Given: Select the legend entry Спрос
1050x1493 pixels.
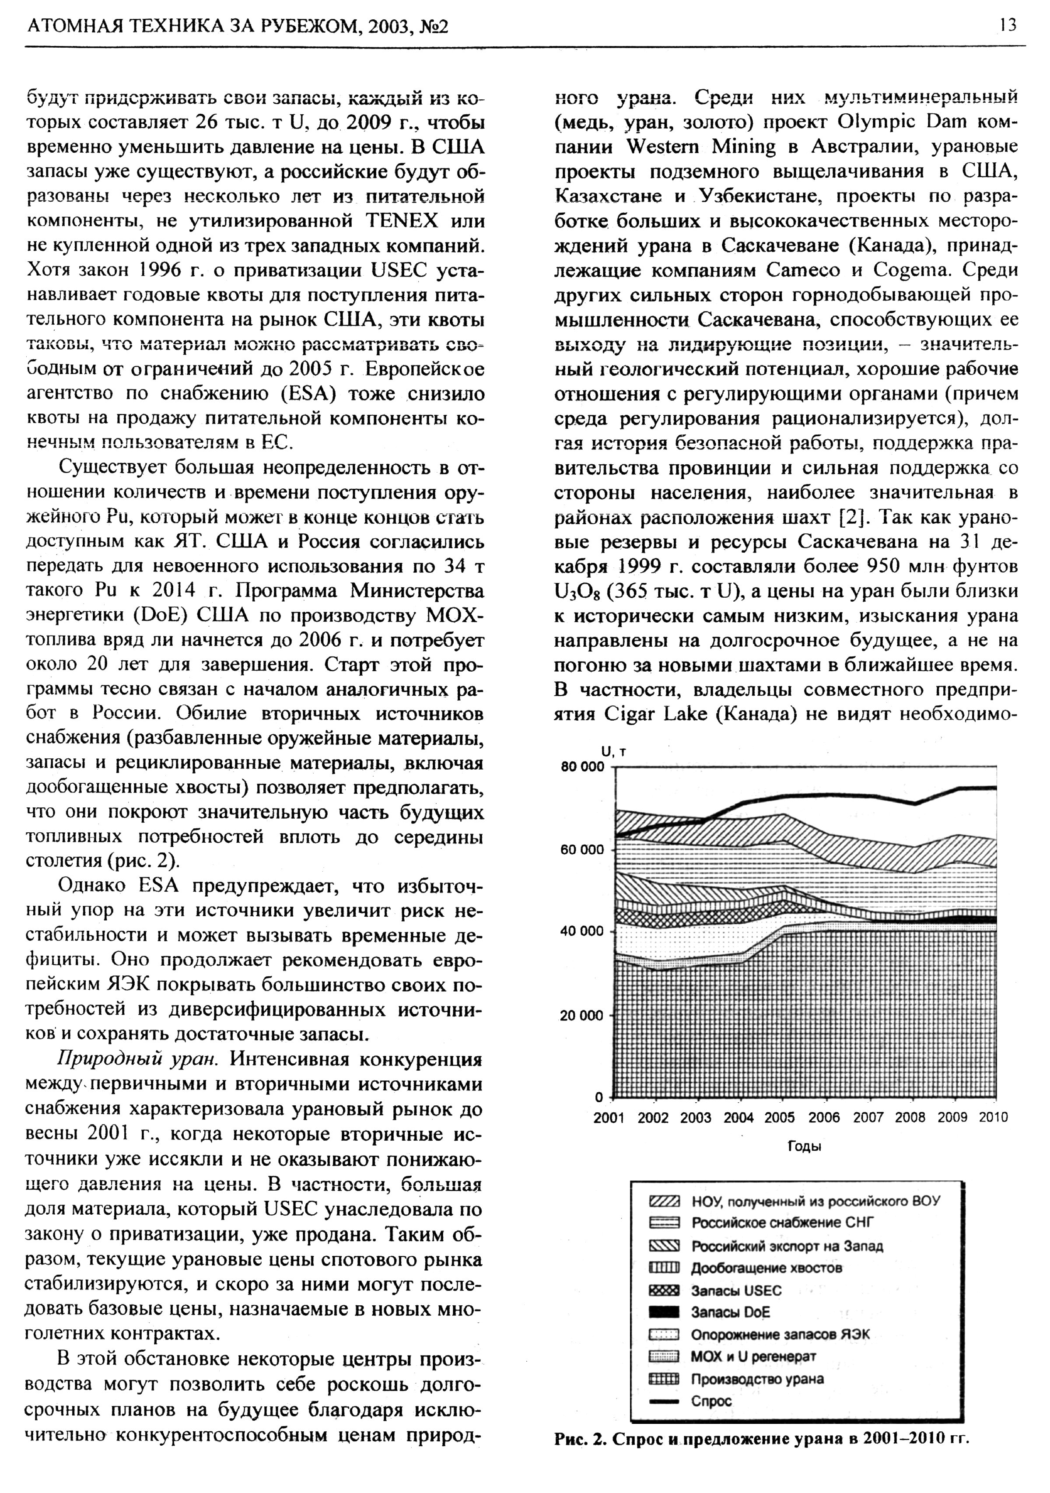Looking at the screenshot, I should pyautogui.click(x=711, y=1401).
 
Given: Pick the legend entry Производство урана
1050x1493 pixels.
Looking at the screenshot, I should pyautogui.click(x=757, y=1378).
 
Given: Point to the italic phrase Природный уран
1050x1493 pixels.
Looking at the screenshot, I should pyautogui.click(x=137, y=1059).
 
